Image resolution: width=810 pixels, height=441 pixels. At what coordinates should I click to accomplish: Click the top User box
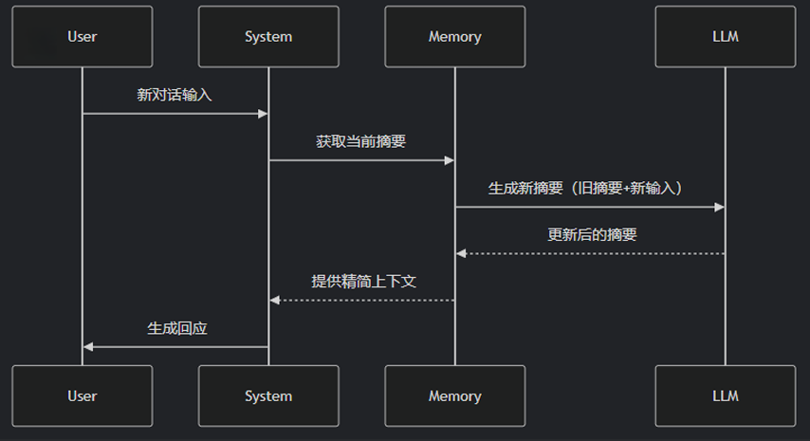click(83, 37)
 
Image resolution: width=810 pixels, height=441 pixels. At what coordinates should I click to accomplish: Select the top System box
click(268, 37)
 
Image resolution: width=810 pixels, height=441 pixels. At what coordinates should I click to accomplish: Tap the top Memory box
click(454, 37)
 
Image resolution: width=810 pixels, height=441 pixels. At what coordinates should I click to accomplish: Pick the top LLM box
click(725, 37)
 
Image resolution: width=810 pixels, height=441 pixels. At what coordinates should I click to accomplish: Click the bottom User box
click(83, 395)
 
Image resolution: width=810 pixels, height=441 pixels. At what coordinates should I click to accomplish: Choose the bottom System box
click(268, 395)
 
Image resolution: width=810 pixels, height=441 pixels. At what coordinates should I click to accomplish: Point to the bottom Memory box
click(454, 395)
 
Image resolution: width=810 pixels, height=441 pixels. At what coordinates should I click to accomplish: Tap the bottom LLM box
click(725, 395)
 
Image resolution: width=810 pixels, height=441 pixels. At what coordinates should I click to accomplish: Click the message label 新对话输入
click(175, 95)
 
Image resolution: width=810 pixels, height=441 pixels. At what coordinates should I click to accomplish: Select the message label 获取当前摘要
click(361, 141)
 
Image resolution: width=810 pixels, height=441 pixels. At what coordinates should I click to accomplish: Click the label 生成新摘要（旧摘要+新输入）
click(589, 188)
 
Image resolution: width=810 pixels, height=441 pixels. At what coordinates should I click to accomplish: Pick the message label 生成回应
click(176, 328)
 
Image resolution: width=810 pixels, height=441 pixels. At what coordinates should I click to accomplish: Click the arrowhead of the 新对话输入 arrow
click(264, 114)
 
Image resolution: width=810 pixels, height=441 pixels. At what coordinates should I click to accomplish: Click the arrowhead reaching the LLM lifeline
click(720, 207)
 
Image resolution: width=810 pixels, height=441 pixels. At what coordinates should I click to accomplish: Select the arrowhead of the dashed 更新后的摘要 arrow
click(460, 253)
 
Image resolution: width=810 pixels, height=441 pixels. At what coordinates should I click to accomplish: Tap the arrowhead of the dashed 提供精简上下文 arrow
click(274, 300)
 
